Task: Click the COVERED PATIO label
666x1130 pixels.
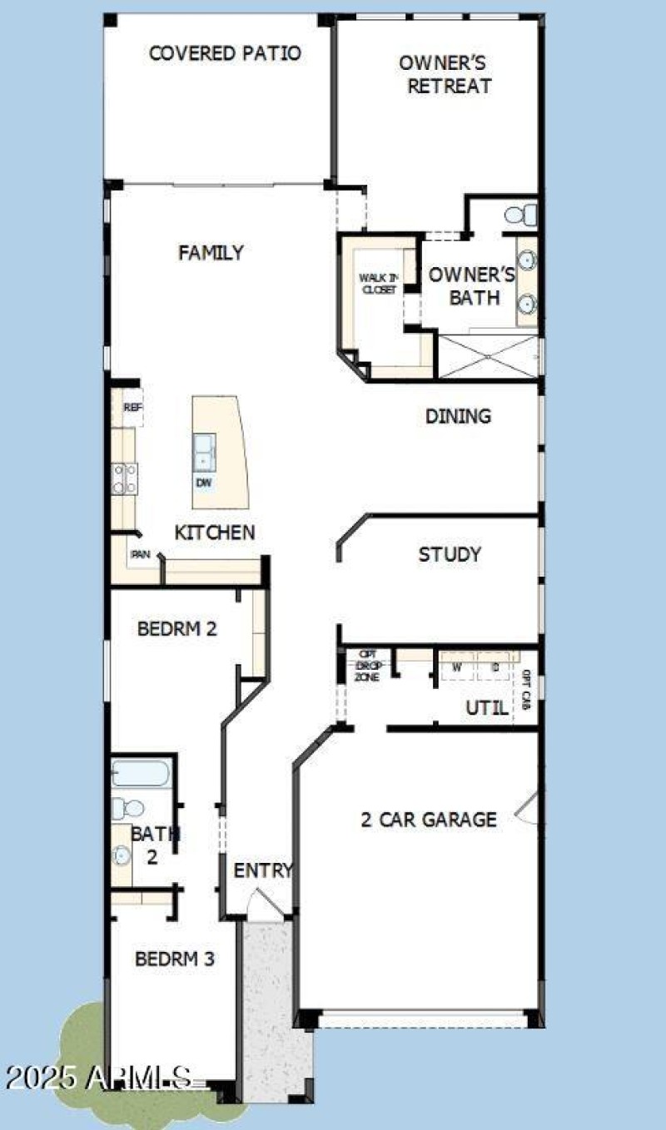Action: [225, 53]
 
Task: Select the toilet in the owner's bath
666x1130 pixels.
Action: [521, 216]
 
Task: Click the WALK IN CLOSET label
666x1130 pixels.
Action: [378, 284]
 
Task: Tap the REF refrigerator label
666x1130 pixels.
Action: [132, 408]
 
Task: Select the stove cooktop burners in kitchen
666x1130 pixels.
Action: [125, 478]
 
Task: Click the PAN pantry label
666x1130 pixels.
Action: [139, 553]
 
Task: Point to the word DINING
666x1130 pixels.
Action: [458, 416]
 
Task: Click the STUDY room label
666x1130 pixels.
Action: [450, 554]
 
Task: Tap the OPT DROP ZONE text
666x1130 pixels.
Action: [367, 666]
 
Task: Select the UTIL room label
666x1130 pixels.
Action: [487, 708]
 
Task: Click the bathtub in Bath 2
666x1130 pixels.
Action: [142, 775]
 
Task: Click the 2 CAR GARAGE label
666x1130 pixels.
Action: [429, 820]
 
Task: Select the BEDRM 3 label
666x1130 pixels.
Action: [175, 959]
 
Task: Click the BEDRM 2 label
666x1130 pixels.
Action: [177, 628]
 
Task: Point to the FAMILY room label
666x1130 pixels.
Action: [211, 252]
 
